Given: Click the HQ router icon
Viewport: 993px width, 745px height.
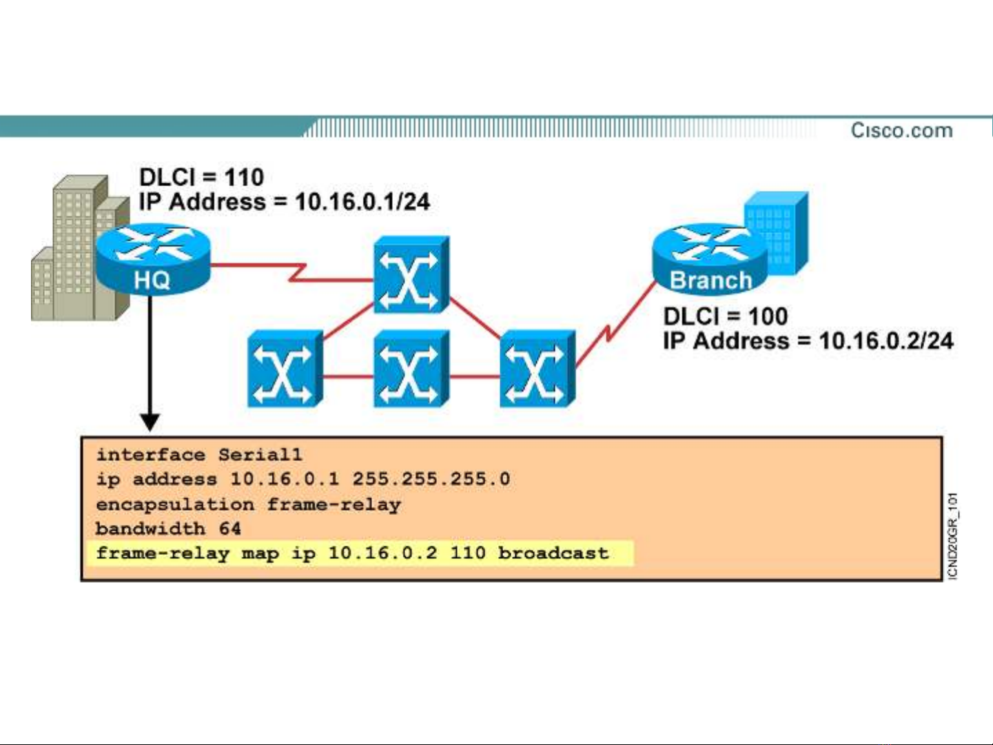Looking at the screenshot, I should point(152,259).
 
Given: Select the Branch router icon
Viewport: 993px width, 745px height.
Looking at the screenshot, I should point(710,259).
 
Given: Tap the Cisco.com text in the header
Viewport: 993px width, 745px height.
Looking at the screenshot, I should point(901,130).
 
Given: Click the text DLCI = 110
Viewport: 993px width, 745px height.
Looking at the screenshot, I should point(201,177).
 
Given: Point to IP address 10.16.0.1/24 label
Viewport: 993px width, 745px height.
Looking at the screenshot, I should point(284,202).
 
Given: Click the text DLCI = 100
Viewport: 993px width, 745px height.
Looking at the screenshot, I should point(725,316).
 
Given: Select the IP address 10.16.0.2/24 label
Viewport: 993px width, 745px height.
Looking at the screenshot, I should point(808,341).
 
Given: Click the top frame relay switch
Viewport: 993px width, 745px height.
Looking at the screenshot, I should point(411,275).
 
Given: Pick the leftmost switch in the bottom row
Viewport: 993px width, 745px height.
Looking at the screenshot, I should point(285,369).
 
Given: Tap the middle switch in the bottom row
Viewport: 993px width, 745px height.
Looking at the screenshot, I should point(411,369).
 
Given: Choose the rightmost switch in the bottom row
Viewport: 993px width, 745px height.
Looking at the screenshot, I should point(537,369).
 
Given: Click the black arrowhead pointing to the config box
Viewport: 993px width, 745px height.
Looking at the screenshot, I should point(150,422).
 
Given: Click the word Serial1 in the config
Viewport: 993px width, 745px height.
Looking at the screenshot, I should point(260,455).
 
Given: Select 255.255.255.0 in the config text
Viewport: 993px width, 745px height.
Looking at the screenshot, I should point(431,479).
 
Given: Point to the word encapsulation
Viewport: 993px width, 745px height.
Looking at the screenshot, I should point(175,504).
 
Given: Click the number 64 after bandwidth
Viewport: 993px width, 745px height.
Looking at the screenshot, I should point(230,529).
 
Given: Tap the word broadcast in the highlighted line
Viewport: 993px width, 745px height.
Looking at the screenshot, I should point(553,553).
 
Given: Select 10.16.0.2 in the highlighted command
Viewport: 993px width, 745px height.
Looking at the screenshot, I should point(382,553).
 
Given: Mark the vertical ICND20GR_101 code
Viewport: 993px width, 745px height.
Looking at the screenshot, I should point(952,536).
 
